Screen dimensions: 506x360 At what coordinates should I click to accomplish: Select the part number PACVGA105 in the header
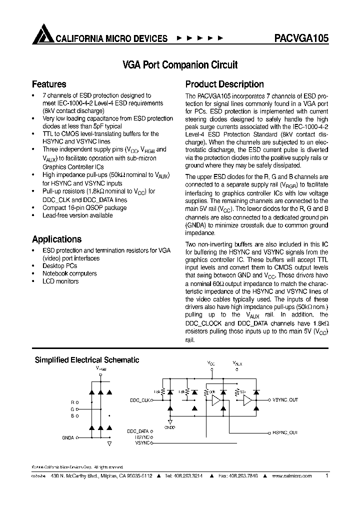click(301, 38)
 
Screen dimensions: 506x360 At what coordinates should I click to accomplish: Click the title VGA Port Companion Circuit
click(179, 65)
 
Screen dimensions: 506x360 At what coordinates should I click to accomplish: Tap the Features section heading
click(49, 84)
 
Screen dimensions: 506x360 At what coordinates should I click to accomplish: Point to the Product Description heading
click(224, 84)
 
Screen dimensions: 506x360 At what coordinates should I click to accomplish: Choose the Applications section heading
click(56, 239)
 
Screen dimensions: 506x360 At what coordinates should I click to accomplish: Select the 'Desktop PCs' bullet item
click(59, 266)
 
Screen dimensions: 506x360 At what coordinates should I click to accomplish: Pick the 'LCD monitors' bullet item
click(60, 281)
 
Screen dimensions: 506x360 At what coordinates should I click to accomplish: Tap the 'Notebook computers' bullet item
click(69, 273)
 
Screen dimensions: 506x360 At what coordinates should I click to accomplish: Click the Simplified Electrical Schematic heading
click(86, 360)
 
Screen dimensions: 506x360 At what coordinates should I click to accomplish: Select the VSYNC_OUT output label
click(285, 400)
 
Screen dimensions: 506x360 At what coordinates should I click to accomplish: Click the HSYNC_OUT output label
click(285, 432)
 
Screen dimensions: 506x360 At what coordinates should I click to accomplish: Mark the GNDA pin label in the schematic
click(68, 437)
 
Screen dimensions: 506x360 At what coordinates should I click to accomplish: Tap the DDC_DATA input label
click(137, 430)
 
